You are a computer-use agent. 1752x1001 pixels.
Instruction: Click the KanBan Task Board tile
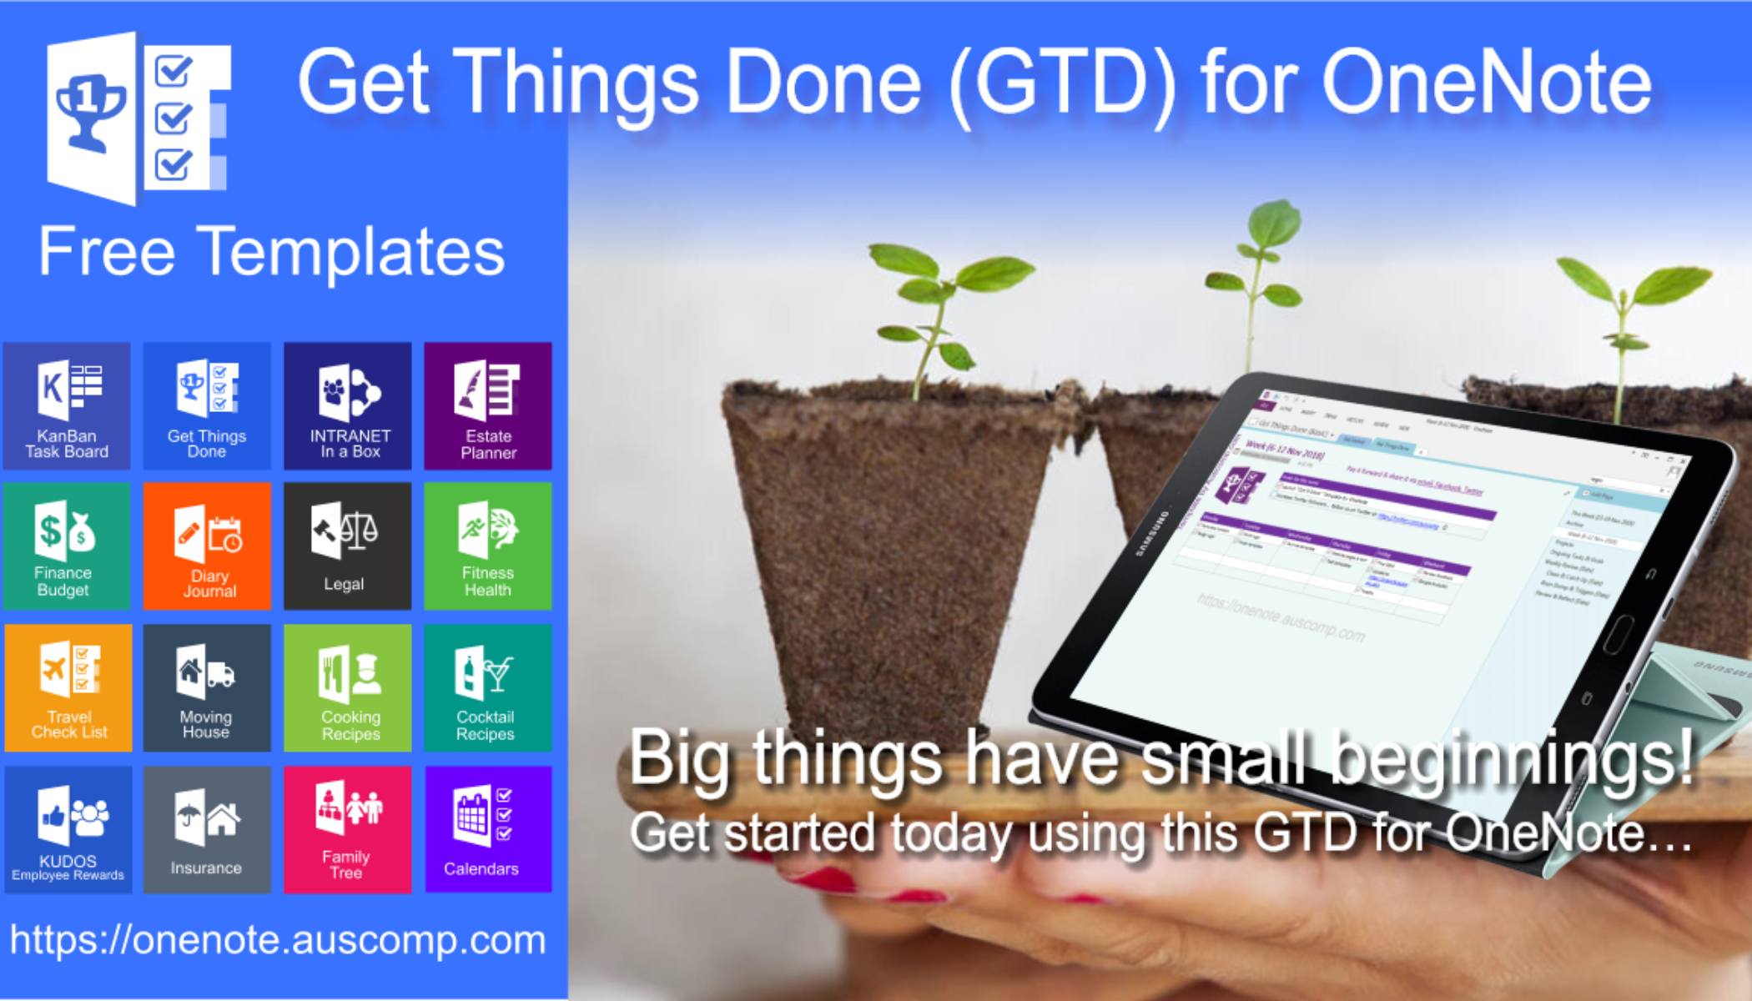click(67, 406)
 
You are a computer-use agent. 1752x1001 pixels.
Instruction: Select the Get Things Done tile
click(207, 406)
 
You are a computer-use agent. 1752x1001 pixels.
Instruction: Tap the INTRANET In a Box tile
click(348, 406)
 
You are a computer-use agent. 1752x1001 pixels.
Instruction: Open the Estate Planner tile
click(488, 406)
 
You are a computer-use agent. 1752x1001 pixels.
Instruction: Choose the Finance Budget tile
click(67, 546)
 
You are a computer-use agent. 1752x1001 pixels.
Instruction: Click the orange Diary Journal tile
click(207, 546)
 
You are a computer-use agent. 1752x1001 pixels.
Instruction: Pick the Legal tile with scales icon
click(348, 546)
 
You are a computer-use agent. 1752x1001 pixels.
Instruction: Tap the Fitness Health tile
click(488, 546)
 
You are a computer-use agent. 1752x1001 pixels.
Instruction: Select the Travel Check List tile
click(68, 688)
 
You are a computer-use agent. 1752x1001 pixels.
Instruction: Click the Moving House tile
click(207, 688)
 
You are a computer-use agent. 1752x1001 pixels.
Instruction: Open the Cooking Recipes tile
click(348, 688)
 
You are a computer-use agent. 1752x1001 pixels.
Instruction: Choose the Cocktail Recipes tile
click(488, 688)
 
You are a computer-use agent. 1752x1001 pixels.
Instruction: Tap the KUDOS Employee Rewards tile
click(68, 830)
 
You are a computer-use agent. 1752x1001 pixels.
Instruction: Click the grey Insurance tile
click(207, 830)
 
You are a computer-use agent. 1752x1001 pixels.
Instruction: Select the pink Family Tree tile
click(348, 830)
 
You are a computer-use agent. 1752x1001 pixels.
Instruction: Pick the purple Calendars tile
click(488, 830)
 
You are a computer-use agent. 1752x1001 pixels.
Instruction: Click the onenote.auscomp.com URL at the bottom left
click(278, 941)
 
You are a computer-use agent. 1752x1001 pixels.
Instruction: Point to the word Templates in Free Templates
click(354, 252)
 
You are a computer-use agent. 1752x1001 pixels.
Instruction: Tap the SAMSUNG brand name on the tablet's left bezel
click(1152, 534)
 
